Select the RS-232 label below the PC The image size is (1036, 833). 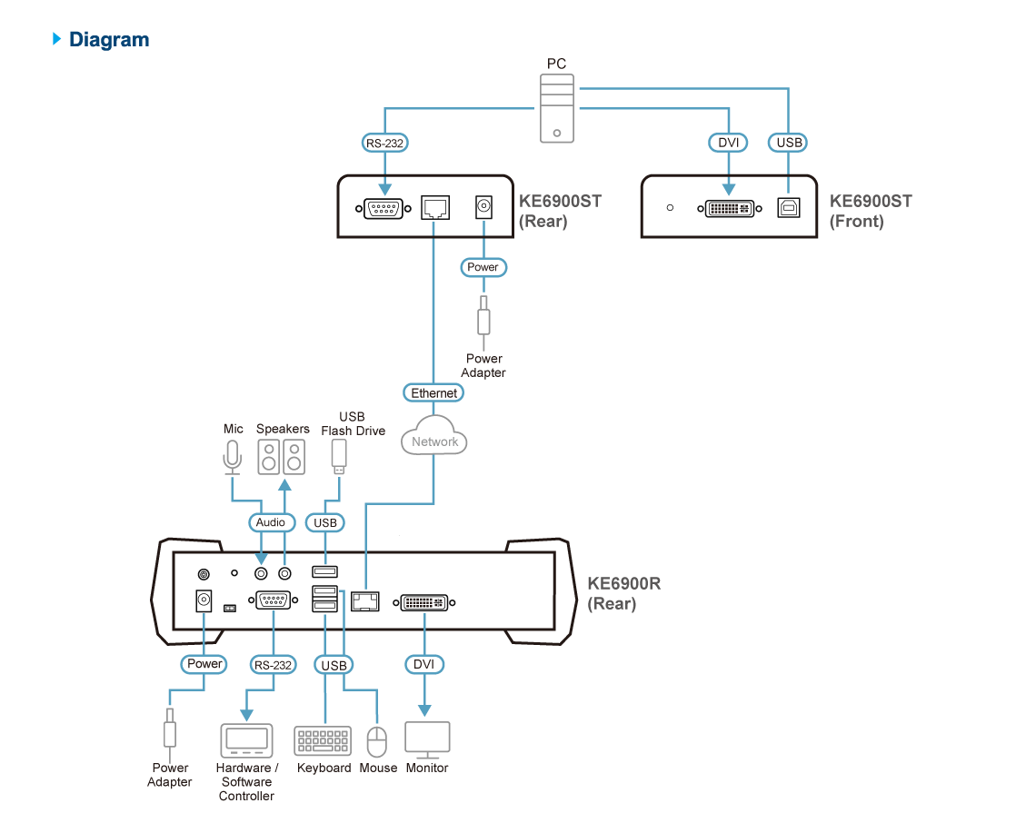tap(384, 143)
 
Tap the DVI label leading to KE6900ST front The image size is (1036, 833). tap(728, 143)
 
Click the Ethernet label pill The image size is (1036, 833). tap(433, 393)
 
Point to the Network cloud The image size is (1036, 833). tap(434, 441)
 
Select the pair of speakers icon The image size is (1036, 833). tap(281, 457)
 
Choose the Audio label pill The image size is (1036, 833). tap(270, 522)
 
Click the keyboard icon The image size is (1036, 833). tap(323, 740)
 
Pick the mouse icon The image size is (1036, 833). tap(376, 741)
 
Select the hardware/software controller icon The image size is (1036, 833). tap(246, 740)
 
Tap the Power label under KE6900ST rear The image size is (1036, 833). tap(483, 267)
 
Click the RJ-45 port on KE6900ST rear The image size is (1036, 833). tap(434, 209)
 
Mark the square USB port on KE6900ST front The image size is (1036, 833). tap(787, 208)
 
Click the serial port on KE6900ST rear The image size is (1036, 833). tap(384, 209)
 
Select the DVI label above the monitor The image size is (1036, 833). tap(423, 665)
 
